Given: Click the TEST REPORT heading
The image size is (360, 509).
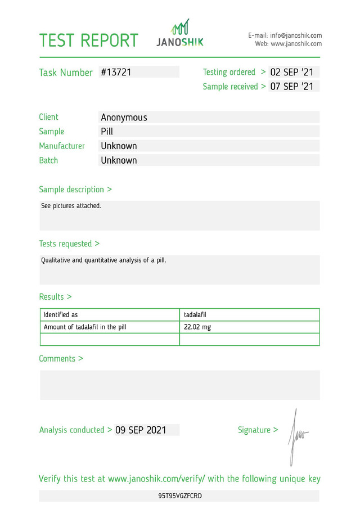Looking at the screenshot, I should [88, 40].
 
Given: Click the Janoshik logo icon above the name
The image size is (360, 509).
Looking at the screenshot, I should [180, 27].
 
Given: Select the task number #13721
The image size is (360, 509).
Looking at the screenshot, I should [116, 72].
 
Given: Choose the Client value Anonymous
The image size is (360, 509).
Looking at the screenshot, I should [124, 118].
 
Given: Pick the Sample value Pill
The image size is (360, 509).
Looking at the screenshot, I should [107, 132].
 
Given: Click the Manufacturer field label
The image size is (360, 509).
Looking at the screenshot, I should [62, 146].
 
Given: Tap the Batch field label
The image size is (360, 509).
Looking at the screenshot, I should [48, 160].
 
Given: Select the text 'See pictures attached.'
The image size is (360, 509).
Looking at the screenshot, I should [71, 206].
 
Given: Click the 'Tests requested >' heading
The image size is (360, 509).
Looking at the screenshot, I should [69, 244].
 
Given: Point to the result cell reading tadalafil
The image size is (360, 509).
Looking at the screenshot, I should [195, 315].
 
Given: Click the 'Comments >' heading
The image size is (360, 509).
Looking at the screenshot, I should [61, 359].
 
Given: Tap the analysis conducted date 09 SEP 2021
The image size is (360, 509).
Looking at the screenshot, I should [141, 430].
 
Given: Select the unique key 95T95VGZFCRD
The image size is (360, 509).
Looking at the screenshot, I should [180, 496].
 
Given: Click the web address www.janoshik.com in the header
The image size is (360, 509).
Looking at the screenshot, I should [296, 44].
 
